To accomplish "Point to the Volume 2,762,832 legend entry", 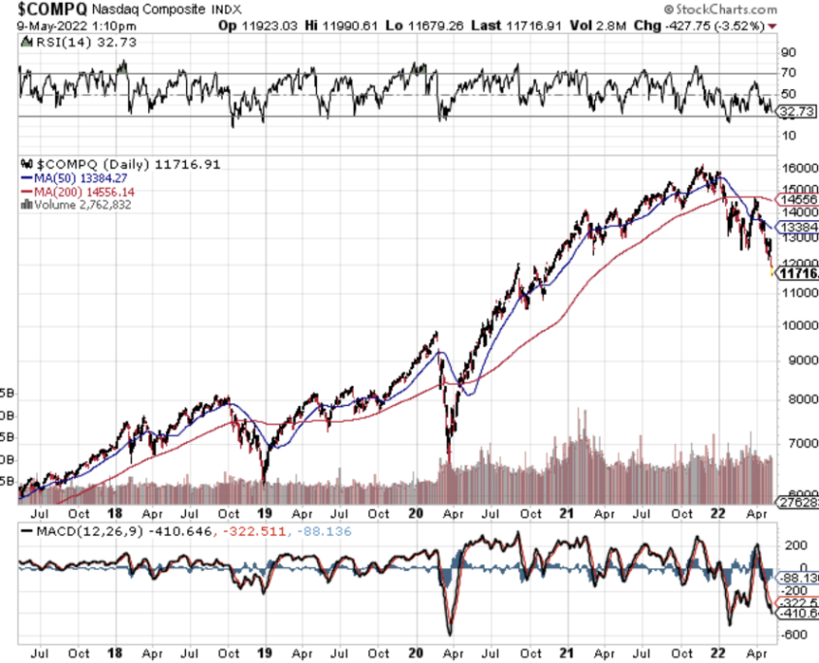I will tap(87, 205).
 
